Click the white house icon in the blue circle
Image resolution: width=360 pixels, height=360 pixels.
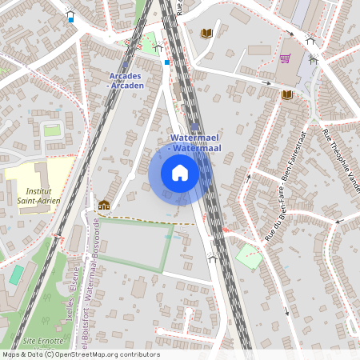coord(180,173)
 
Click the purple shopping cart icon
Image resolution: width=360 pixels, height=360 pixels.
coord(285,58)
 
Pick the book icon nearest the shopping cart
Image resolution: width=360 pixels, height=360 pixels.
coord(286,94)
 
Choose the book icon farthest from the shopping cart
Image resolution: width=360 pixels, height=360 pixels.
coord(103,205)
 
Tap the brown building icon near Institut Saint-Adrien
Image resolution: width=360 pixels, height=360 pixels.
coord(103,205)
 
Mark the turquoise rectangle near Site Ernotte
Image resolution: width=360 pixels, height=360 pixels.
coord(16,274)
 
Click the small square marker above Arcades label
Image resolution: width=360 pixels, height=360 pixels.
coord(125,65)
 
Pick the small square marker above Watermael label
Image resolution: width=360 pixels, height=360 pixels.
coord(195,126)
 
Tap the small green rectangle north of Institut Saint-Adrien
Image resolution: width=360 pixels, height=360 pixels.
coord(52,130)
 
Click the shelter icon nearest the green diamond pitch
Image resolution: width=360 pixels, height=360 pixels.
coord(212,258)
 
